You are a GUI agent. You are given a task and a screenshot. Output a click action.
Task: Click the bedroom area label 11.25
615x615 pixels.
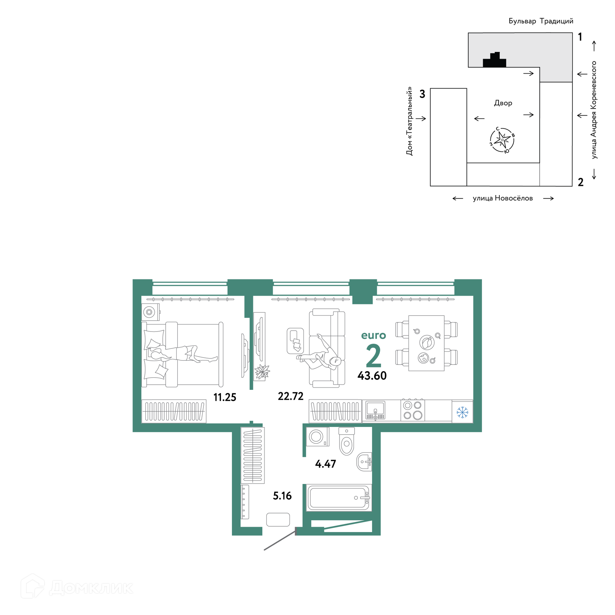pyautogui.click(x=225, y=398)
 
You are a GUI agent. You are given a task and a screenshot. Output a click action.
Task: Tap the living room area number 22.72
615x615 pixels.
pyautogui.click(x=291, y=397)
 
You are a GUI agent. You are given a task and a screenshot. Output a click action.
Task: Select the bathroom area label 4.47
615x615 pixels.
pyautogui.click(x=325, y=464)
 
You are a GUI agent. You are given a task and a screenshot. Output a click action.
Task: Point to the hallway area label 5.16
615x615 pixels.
pyautogui.click(x=282, y=496)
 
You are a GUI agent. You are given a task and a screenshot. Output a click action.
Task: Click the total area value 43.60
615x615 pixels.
pyautogui.click(x=372, y=376)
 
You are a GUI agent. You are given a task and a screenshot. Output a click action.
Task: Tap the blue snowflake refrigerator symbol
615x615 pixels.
pyautogui.click(x=462, y=413)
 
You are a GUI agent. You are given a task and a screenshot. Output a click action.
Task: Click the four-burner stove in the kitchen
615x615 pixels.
pyautogui.click(x=413, y=410)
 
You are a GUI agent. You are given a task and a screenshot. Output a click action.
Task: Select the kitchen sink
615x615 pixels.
pyautogui.click(x=375, y=411)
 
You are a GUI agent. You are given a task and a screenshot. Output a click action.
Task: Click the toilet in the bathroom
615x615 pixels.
pyautogui.click(x=347, y=441)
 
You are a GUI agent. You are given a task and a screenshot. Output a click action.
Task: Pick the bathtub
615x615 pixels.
pyautogui.click(x=339, y=498)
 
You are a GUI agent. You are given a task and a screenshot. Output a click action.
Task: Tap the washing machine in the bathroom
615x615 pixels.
pyautogui.click(x=317, y=437)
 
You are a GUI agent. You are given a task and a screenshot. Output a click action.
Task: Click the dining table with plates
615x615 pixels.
pyautogui.click(x=426, y=343)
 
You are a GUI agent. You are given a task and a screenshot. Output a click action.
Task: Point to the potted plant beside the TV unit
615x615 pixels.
pyautogui.click(x=262, y=372)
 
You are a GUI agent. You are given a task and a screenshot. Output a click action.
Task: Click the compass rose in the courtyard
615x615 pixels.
pyautogui.click(x=502, y=140)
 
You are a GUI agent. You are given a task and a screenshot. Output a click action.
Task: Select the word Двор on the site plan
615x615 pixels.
pyautogui.click(x=503, y=103)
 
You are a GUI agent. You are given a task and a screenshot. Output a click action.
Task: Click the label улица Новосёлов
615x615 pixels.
pyautogui.click(x=503, y=198)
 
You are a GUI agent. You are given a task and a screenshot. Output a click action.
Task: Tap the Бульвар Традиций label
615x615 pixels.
pyautogui.click(x=541, y=21)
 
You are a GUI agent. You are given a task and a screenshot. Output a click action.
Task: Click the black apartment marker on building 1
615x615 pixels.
pyautogui.click(x=494, y=61)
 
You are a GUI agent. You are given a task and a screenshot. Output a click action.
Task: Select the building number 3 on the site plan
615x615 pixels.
pyautogui.click(x=422, y=94)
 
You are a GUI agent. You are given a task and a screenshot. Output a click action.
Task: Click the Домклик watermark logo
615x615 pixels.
pyautogui.click(x=77, y=587)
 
